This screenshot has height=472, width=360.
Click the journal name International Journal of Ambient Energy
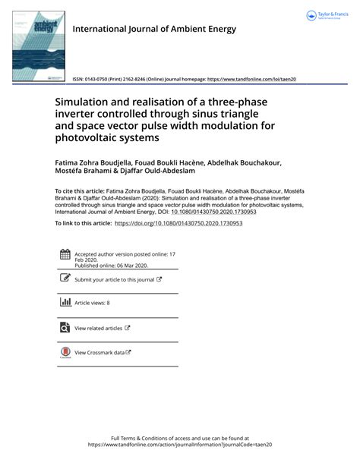pyautogui.click(x=153, y=30)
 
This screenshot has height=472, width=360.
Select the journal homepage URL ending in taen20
pyautogui.click(x=251, y=79)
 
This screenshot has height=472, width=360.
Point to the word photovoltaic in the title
pyautogui.click(x=90, y=138)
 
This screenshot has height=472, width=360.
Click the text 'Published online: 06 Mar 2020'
pyautogui.click(x=111, y=266)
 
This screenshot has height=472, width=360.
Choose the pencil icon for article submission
pyautogui.click(x=65, y=279)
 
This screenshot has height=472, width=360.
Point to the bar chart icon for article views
pyautogui.click(x=65, y=303)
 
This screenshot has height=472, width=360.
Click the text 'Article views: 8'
pyautogui.click(x=92, y=303)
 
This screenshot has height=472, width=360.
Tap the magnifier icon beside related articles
pyautogui.click(x=65, y=328)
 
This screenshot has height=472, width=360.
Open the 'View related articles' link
pyautogui.click(x=98, y=328)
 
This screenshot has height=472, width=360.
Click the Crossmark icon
pyautogui.click(x=65, y=353)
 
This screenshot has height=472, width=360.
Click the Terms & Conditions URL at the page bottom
pyautogui.click(x=180, y=445)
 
